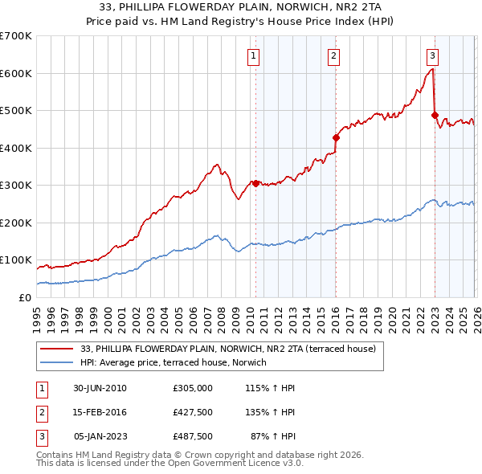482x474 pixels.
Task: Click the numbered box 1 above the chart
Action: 253,55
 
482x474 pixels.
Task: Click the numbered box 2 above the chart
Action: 333,55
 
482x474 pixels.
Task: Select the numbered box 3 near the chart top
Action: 432,55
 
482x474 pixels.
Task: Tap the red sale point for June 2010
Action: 255,183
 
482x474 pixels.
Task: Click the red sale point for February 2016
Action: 336,137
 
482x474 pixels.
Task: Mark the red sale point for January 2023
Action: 435,115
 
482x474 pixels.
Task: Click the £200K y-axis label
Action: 16,223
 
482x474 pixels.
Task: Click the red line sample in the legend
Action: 58,349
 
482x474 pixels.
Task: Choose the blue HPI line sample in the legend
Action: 58,363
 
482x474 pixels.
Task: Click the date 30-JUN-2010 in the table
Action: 100,388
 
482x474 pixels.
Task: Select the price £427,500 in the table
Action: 192,412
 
